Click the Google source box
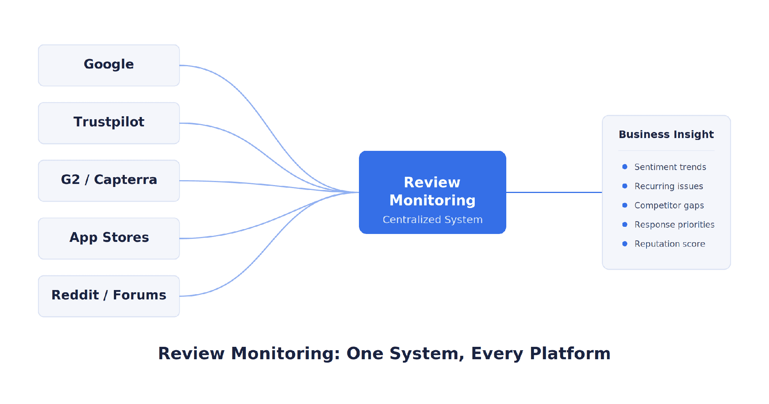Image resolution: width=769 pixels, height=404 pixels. [x=109, y=65]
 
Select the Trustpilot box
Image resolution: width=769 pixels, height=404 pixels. [x=109, y=123]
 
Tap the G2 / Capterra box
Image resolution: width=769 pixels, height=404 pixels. [x=109, y=181]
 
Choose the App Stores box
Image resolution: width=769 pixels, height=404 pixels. [x=109, y=238]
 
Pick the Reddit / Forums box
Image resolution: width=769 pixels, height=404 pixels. [x=109, y=296]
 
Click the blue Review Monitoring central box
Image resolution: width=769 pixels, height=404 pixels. [x=433, y=192]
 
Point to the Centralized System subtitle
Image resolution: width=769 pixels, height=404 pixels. [x=433, y=220]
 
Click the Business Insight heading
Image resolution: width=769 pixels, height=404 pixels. [x=666, y=135]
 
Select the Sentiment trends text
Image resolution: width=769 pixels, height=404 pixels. [x=670, y=167]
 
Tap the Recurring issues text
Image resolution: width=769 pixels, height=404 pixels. [x=669, y=186]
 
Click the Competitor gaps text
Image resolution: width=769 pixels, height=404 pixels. [x=669, y=205]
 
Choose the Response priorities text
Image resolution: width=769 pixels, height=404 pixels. [x=674, y=225]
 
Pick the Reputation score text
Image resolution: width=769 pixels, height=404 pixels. [x=670, y=244]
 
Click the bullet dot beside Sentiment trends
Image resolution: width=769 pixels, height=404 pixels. [x=625, y=167]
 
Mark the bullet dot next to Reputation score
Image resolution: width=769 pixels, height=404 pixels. [x=625, y=244]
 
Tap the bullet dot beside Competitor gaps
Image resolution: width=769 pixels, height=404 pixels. [x=625, y=205]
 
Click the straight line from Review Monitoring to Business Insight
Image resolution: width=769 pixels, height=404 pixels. [x=554, y=192]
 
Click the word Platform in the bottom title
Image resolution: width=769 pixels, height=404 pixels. [x=570, y=354]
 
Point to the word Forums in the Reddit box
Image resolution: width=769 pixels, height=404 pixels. [x=139, y=295]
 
